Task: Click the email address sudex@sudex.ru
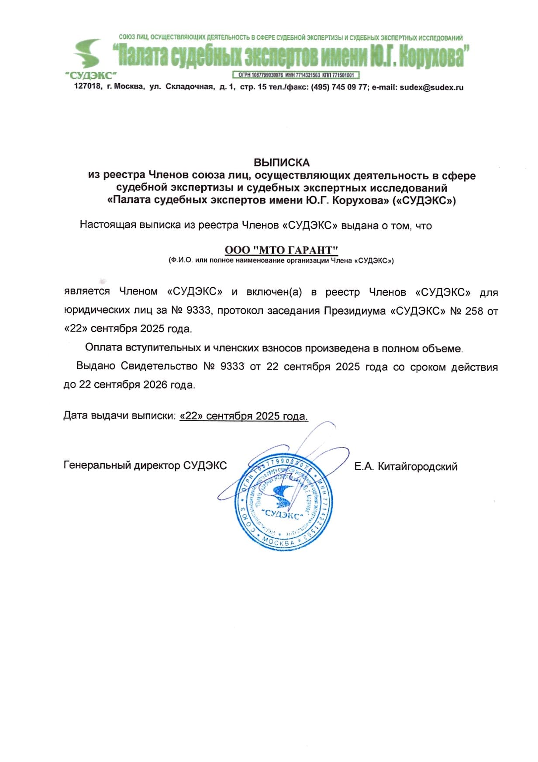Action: click(x=431, y=87)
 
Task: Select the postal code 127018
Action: click(x=88, y=87)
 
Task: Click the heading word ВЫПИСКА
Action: click(x=282, y=163)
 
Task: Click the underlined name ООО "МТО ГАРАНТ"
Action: click(x=282, y=250)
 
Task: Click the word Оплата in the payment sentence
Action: click(x=104, y=348)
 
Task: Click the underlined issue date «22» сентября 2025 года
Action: click(x=244, y=416)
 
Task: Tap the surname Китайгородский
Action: click(x=417, y=467)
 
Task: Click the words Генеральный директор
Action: click(x=122, y=466)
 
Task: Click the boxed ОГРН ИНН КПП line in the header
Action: click(x=296, y=75)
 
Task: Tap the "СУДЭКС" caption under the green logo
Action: click(x=91, y=75)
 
